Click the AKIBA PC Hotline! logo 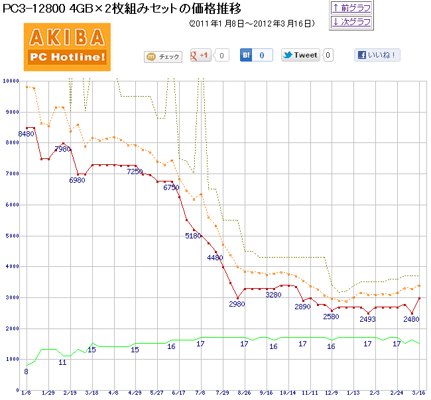tap(67, 47)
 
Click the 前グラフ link tap(351, 8)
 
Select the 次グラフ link tap(351, 22)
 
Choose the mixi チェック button tap(162, 57)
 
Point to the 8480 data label tap(26, 134)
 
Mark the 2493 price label tap(367, 320)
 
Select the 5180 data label tap(193, 235)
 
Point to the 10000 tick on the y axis tap(10, 81)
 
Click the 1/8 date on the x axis tap(26, 392)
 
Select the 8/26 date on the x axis tap(245, 392)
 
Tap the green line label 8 tap(26, 372)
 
